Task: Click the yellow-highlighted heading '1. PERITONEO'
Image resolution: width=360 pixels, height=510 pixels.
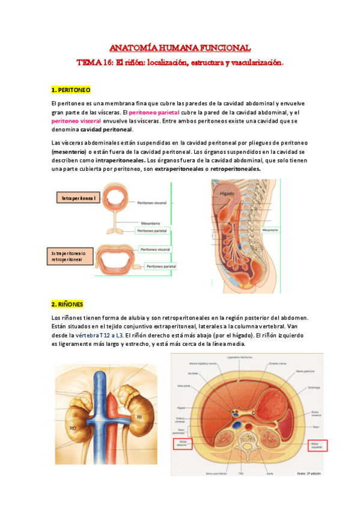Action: [x=71, y=90]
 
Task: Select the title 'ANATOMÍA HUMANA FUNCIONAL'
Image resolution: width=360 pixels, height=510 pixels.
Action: [x=180, y=48]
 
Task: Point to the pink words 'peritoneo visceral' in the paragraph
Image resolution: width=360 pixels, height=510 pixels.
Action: [x=75, y=120]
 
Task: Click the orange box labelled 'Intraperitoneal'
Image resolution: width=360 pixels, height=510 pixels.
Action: [x=78, y=198]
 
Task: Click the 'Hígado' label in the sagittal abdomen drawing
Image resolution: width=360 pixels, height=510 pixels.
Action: [x=226, y=194]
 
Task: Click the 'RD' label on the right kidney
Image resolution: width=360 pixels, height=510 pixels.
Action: [x=72, y=428]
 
